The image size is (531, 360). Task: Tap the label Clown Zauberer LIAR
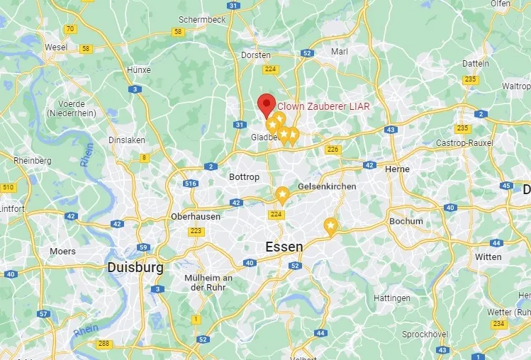pyautogui.click(x=323, y=106)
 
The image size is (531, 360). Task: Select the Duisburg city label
pyautogui.click(x=135, y=268)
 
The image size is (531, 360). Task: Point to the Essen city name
pyautogui.click(x=284, y=247)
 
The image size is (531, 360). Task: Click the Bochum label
pyautogui.click(x=406, y=221)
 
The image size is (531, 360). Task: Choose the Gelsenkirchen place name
pyautogui.click(x=327, y=186)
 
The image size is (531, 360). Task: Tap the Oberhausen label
pyautogui.click(x=196, y=216)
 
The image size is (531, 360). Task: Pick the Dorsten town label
pyautogui.click(x=256, y=55)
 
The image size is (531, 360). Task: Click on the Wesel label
pyautogui.click(x=55, y=47)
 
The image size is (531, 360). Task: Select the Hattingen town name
pyautogui.click(x=392, y=298)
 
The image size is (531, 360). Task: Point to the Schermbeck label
pyautogui.click(x=202, y=20)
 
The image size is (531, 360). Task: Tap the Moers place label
pyautogui.click(x=62, y=251)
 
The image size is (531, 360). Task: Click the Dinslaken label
pyautogui.click(x=127, y=140)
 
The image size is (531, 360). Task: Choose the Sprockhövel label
pyautogui.click(x=424, y=334)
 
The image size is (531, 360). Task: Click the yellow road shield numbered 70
pyautogui.click(x=69, y=29)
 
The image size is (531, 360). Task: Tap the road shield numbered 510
pyautogui.click(x=8, y=187)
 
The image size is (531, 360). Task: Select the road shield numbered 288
pyautogui.click(x=104, y=344)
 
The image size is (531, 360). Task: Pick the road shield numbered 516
pyautogui.click(x=190, y=184)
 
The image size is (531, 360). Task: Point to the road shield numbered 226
pyautogui.click(x=332, y=149)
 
